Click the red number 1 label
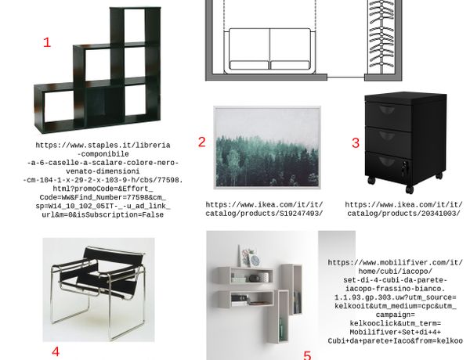pos(47,42)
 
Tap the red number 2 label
pos(202,142)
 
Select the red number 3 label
pos(356,143)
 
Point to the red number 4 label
pos(56,351)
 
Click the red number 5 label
pos(308,355)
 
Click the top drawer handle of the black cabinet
pos(387,110)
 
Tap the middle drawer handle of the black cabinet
pos(387,136)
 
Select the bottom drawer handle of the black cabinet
pos(387,162)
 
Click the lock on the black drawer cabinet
pos(405,166)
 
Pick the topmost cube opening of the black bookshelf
pos(135,26)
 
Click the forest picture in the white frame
pos(267,147)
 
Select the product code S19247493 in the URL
pos(301,214)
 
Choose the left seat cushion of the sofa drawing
pos(249,65)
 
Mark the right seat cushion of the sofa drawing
pos(290,65)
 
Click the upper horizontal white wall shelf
pos(245,275)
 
